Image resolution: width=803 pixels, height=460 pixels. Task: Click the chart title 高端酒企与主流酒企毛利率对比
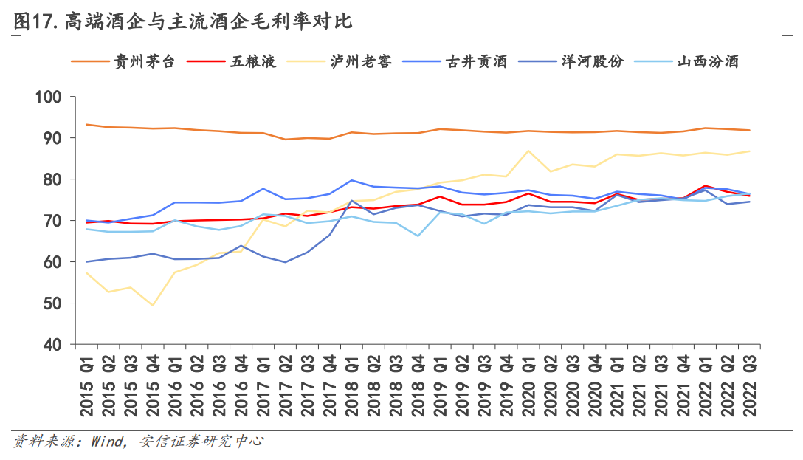click(207, 21)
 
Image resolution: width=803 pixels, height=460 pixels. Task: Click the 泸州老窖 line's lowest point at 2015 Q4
click(153, 305)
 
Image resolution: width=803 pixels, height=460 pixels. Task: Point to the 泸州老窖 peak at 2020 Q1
click(528, 151)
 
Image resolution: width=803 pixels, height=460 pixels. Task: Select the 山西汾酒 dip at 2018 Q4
click(418, 236)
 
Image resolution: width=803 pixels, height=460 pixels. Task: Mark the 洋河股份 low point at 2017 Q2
click(285, 262)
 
